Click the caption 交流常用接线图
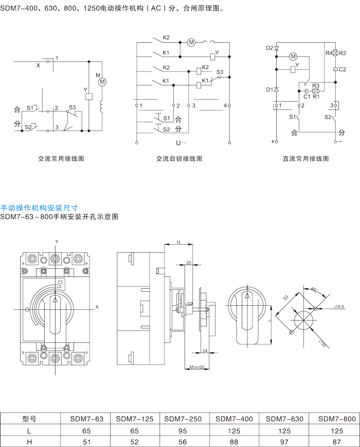click(61, 159)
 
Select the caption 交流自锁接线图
click(179, 159)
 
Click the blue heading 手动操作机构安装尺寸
click(39, 208)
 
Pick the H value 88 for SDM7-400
click(235, 441)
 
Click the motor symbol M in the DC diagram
click(294, 55)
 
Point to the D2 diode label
click(269, 48)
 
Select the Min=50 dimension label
click(197, 367)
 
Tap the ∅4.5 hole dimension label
click(339, 307)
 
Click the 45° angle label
click(314, 289)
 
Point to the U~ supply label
click(182, 143)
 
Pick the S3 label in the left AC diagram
click(73, 107)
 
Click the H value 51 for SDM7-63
click(86, 441)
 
